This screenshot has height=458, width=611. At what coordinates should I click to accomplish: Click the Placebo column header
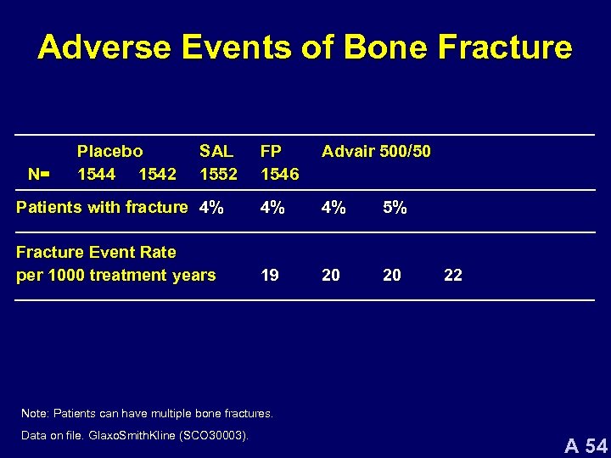click(110, 152)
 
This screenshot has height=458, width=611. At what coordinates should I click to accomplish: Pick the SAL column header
click(216, 152)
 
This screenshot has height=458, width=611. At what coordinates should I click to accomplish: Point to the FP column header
click(272, 152)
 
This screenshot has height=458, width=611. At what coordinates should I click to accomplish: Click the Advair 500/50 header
click(376, 152)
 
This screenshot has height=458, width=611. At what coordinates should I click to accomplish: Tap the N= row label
click(39, 175)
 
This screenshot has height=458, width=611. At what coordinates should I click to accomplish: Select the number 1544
click(96, 175)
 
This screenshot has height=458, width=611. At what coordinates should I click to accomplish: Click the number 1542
click(157, 175)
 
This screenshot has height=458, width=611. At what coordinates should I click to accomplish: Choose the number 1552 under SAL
click(218, 175)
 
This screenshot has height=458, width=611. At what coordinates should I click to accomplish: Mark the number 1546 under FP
click(279, 175)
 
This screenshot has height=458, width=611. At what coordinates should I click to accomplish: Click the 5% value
click(395, 207)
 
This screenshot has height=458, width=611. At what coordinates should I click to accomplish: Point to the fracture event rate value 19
click(271, 276)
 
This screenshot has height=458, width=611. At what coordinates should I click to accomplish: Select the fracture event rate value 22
click(453, 276)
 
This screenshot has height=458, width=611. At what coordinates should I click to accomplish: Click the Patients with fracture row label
click(102, 207)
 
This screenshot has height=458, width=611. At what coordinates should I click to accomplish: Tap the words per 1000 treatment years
click(116, 276)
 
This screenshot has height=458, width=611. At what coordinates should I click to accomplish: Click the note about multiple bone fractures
click(147, 414)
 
